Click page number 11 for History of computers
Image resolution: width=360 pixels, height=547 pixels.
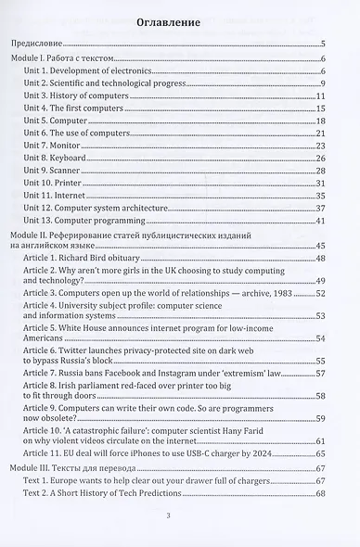[319, 96]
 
